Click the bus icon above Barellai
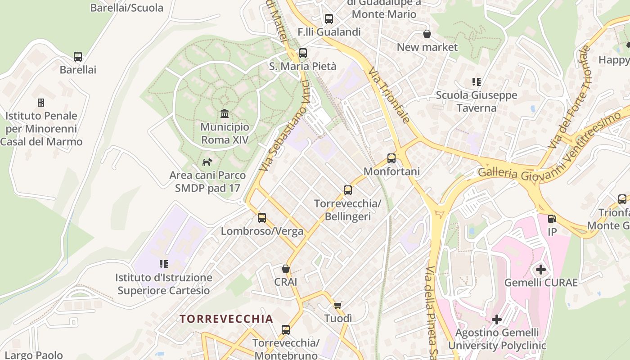tap(78, 57)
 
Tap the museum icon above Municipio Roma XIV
tap(225, 114)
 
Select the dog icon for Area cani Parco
tap(207, 162)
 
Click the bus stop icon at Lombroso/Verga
tap(262, 218)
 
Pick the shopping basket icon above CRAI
tap(285, 269)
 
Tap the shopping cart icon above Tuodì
tap(338, 305)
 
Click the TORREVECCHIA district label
tap(226, 319)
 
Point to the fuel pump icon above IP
tap(552, 219)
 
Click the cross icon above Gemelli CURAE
tap(540, 270)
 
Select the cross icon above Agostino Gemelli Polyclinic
tap(497, 319)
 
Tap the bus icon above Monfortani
tap(391, 158)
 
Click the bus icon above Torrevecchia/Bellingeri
tap(348, 190)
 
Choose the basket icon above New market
tap(427, 34)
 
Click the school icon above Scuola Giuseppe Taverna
tap(477, 82)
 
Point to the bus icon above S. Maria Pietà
tap(303, 53)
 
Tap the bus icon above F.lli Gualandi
tap(329, 19)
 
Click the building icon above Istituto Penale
tap(41, 103)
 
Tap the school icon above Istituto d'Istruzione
tap(163, 264)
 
